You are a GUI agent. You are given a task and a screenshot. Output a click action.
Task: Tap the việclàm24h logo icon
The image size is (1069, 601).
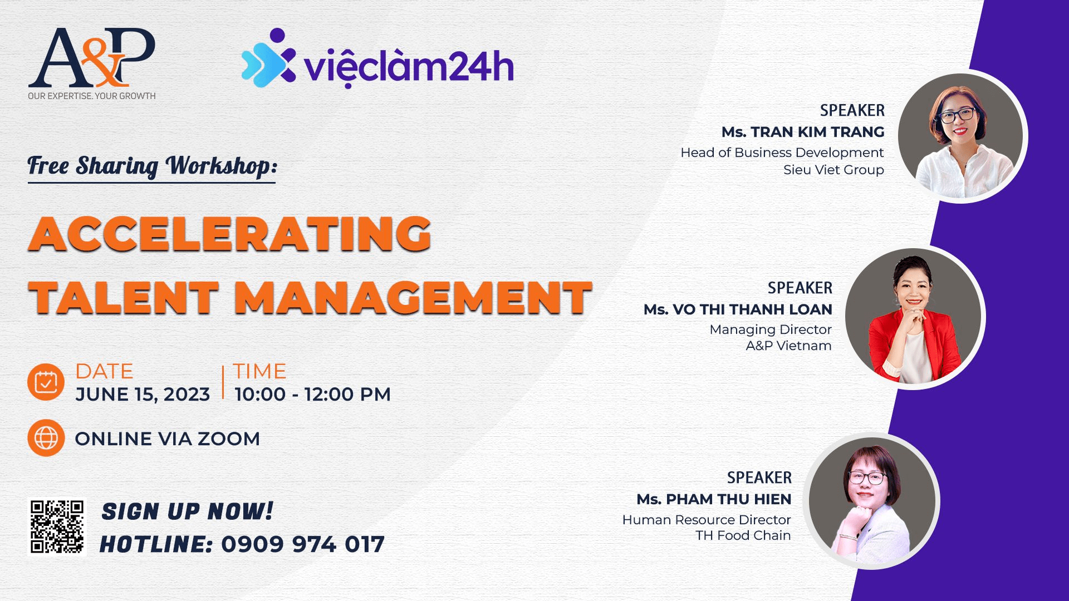(268, 58)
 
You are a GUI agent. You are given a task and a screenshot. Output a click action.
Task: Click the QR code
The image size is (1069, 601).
(57, 526)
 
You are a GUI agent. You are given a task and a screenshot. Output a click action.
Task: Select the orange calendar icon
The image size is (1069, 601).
(46, 382)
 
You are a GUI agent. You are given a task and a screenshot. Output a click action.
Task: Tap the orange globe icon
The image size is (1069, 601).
(46, 438)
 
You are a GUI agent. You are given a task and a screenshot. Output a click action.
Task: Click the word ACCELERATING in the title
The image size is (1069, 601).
(230, 234)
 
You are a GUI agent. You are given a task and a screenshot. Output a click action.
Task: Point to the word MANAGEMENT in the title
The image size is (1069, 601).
(413, 297)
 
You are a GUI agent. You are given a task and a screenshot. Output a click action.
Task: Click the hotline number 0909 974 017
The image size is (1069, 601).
(303, 544)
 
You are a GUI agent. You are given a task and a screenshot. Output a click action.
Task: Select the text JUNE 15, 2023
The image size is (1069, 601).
(143, 395)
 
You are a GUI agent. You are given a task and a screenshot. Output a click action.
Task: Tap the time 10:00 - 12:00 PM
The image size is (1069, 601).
(312, 395)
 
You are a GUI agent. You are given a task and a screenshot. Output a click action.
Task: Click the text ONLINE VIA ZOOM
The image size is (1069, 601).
(168, 439)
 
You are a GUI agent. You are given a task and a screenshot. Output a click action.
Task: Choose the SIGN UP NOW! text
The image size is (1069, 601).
(188, 511)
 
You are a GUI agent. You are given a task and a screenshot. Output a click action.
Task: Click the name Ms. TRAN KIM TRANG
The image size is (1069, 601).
(803, 132)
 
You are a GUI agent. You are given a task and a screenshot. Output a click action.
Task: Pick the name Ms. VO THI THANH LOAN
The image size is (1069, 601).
(738, 309)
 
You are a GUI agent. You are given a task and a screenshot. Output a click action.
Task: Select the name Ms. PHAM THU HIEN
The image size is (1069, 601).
(714, 499)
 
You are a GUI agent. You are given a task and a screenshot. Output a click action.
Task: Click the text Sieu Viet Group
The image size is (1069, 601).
(833, 170)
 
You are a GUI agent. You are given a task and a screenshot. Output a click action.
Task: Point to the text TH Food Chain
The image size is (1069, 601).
(743, 535)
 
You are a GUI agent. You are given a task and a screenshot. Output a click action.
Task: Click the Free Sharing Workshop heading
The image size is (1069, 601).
(152, 166)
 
